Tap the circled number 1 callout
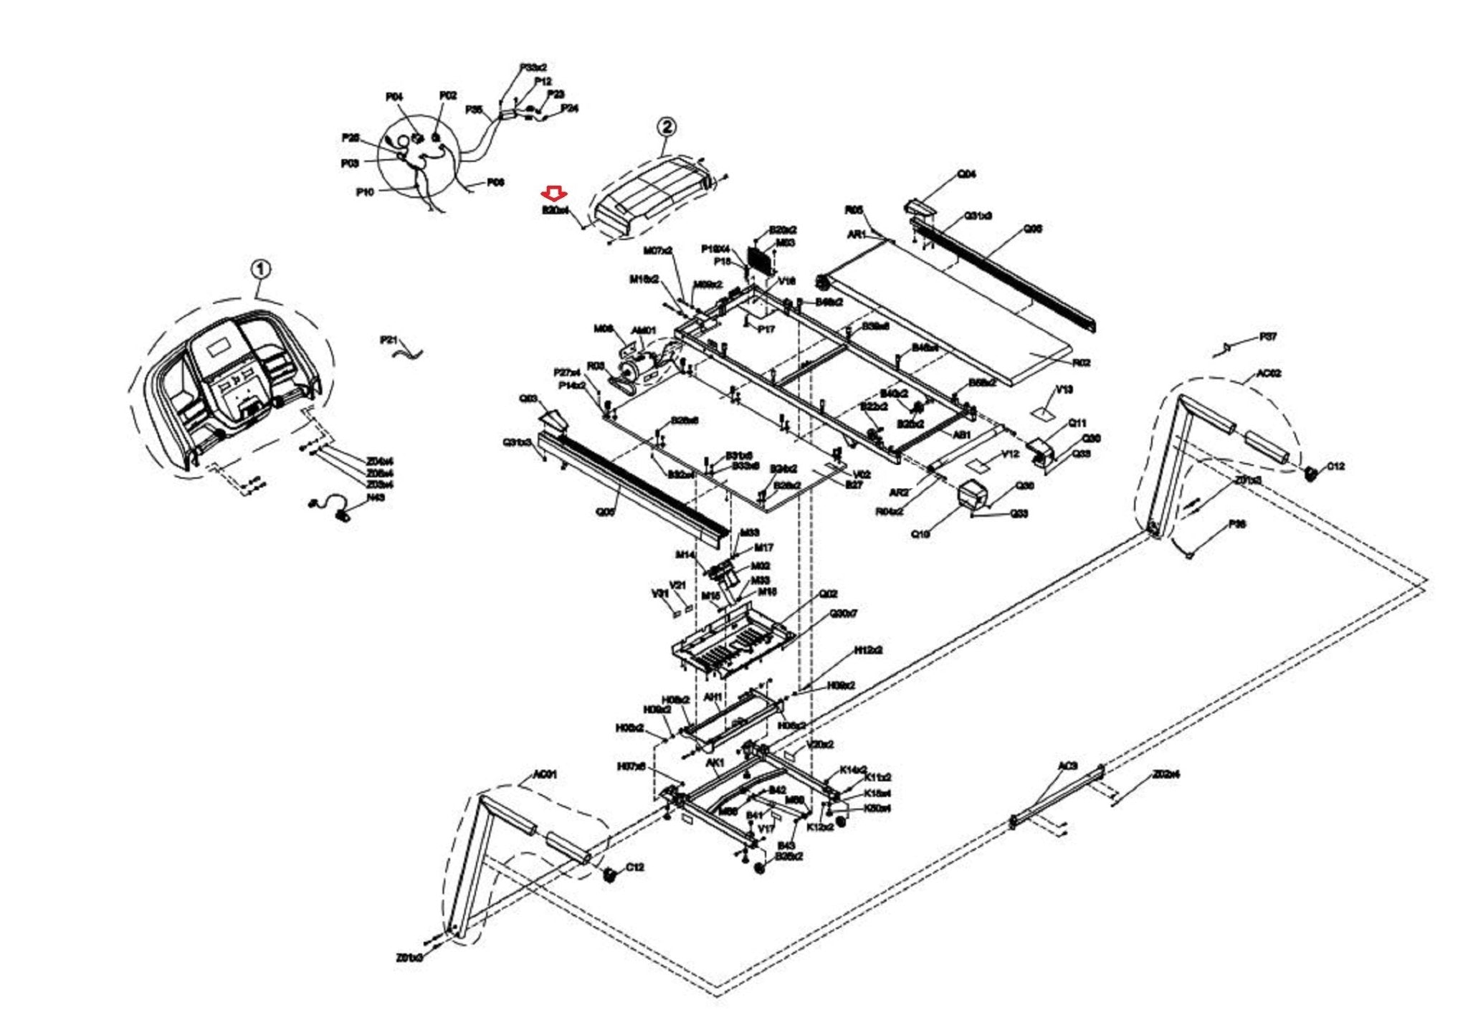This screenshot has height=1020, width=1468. point(261,270)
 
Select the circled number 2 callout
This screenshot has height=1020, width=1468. point(666,127)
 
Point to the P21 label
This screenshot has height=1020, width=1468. point(389,339)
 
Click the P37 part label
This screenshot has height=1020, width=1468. point(1268,337)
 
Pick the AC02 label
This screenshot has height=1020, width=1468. point(1269,374)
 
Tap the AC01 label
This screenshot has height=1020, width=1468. point(545,775)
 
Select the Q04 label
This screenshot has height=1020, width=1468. point(966,174)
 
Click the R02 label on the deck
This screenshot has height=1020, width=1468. point(1081,363)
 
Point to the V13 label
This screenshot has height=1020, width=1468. point(1064,390)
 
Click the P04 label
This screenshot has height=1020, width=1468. point(394,97)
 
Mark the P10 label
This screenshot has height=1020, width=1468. point(364,192)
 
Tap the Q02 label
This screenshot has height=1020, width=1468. point(828,594)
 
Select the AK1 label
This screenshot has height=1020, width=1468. point(715,763)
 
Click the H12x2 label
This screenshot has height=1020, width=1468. point(867,650)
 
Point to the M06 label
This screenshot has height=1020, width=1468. point(603,329)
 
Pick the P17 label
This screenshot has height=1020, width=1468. point(766,330)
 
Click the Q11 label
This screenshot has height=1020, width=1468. point(1077,424)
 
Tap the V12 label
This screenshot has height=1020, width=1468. point(1010,454)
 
